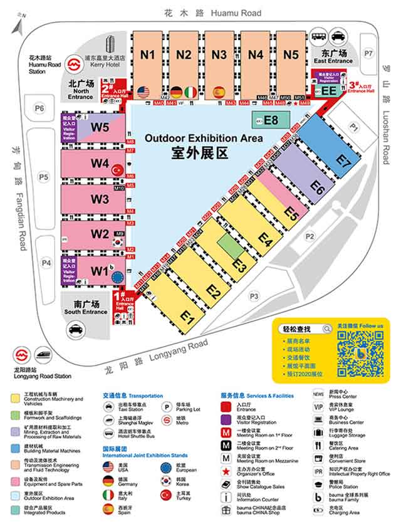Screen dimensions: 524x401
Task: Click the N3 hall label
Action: (219, 55)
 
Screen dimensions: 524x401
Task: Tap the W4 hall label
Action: (100, 163)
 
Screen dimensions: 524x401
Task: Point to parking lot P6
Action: (40, 109)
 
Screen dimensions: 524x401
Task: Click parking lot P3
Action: (254, 296)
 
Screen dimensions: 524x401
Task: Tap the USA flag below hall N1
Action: (143, 92)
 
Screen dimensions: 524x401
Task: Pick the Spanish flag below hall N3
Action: (219, 92)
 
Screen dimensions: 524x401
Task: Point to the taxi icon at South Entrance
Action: (76, 328)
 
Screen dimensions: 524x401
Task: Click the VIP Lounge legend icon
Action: (318, 407)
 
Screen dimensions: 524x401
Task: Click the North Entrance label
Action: (81, 90)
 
